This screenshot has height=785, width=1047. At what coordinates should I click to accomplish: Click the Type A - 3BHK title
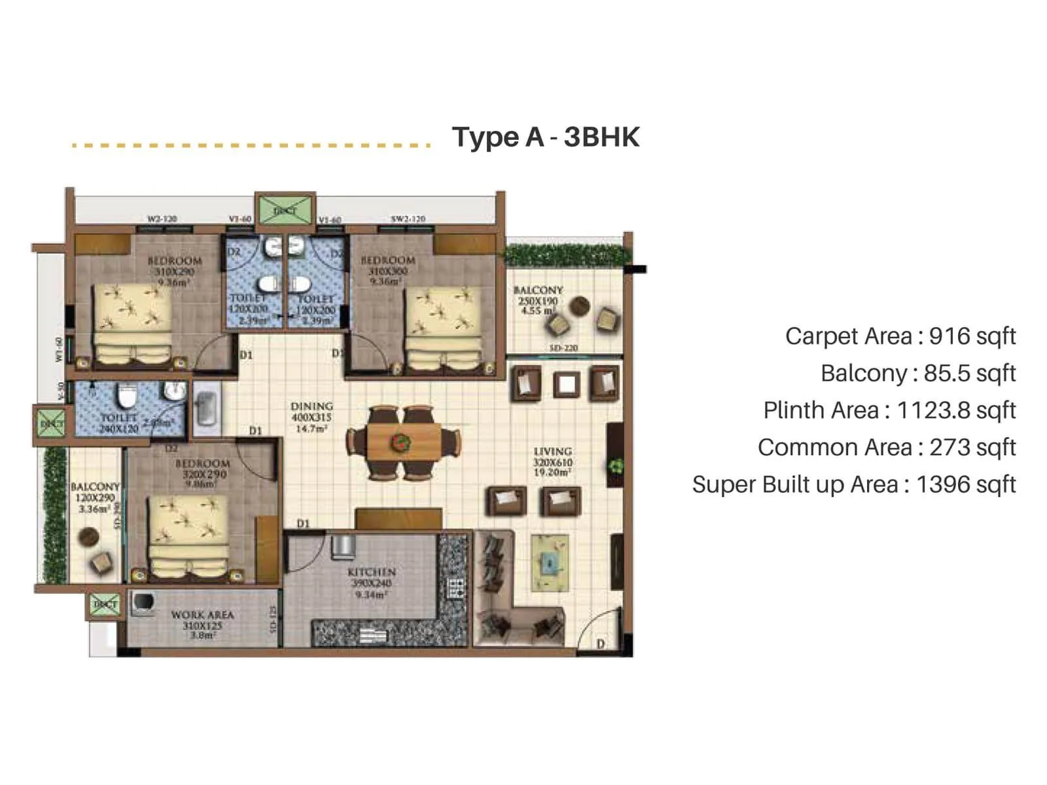[545, 137]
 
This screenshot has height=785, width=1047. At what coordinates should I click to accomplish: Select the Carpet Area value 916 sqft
[972, 336]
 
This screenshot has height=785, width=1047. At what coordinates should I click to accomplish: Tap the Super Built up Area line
[853, 485]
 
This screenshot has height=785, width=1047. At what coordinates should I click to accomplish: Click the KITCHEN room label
[371, 572]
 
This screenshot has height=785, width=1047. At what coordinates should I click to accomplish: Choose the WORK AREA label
[202, 615]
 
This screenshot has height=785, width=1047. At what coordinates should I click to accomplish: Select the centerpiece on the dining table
[399, 443]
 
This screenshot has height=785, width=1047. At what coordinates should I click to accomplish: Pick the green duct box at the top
[285, 210]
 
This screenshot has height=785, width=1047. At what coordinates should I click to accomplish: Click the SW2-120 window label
[408, 219]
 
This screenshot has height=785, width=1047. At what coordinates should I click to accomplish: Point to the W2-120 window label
[162, 219]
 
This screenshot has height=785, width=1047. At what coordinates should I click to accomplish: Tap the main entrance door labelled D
[600, 644]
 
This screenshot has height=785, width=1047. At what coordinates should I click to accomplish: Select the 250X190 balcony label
[538, 302]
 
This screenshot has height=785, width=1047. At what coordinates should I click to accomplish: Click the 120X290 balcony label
[96, 498]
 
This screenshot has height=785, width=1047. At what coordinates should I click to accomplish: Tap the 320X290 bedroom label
[202, 474]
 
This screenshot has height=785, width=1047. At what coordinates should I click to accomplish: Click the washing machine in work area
[143, 603]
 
